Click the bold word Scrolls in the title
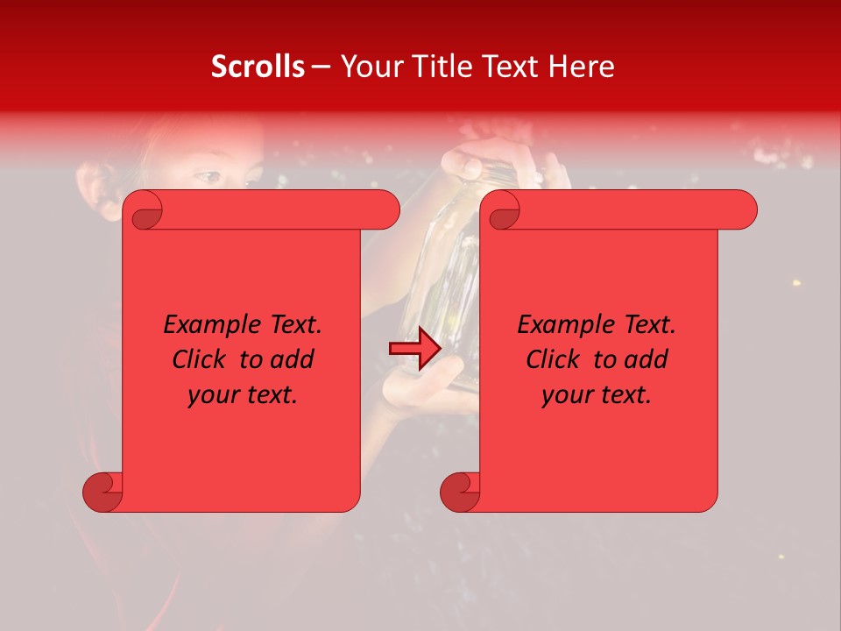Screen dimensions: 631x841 coord(258,67)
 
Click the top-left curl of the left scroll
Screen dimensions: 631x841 coord(143,210)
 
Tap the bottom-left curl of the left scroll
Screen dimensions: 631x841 coord(103,492)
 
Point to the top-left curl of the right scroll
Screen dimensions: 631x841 coord(501,210)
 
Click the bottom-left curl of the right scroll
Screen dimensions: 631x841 coord(461,492)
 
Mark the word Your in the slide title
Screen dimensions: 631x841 coord(368,67)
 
